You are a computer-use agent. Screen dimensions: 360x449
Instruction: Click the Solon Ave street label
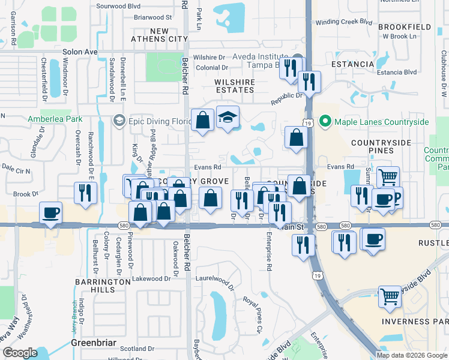[x=80, y=52]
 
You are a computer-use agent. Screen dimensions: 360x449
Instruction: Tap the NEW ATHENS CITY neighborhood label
[x=160, y=35]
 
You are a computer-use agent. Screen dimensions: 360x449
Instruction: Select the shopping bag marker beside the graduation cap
[x=203, y=119]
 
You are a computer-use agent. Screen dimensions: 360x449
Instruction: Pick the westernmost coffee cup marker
[x=50, y=212]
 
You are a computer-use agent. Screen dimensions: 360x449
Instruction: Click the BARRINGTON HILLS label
[x=95, y=286]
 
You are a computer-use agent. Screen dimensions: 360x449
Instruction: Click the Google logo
[x=20, y=352]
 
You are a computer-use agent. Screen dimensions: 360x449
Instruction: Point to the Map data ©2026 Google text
[x=411, y=355]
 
